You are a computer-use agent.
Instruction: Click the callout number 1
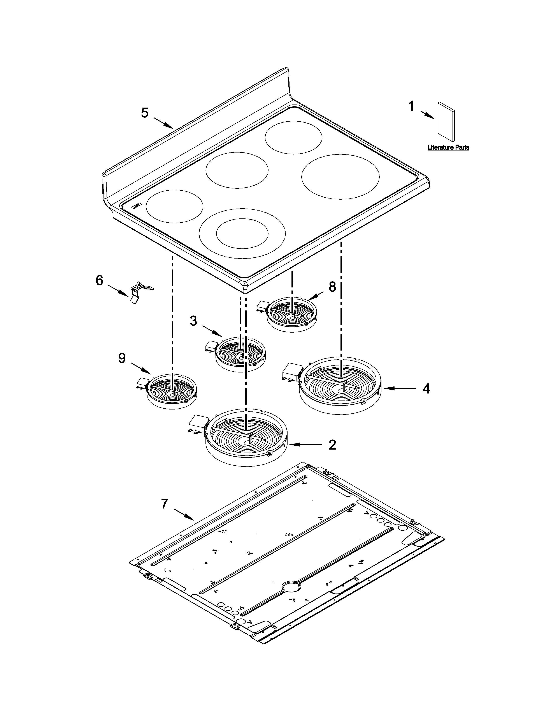[x=411, y=107]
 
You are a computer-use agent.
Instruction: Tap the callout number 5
[x=145, y=113]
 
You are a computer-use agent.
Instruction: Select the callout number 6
[x=100, y=280]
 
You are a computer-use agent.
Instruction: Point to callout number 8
[x=332, y=287]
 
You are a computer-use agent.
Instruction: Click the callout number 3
[x=193, y=321]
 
